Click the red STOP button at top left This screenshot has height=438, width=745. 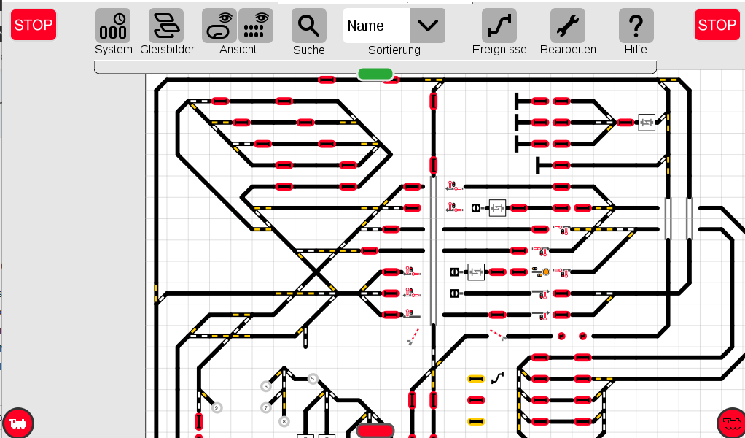click(34, 25)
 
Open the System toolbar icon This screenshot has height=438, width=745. click(113, 26)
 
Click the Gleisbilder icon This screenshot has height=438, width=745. click(166, 26)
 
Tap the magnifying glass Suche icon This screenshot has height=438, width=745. click(309, 26)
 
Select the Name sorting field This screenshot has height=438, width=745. click(377, 26)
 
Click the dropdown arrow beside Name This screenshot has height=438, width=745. click(428, 26)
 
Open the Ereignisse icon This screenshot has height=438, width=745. click(499, 26)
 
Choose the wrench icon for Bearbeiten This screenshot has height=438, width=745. click(568, 26)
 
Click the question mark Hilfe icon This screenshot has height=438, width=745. click(636, 26)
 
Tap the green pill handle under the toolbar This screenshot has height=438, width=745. click(375, 74)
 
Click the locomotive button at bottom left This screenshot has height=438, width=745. click(18, 423)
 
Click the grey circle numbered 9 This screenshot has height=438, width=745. click(217, 407)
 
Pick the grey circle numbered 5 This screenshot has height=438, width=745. click(313, 379)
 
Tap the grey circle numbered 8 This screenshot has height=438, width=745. click(284, 421)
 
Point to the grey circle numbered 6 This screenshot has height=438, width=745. click(266, 387)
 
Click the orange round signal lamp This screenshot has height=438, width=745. click(546, 272)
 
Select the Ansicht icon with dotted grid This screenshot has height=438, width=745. click(256, 26)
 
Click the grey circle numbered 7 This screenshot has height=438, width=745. click(266, 407)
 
